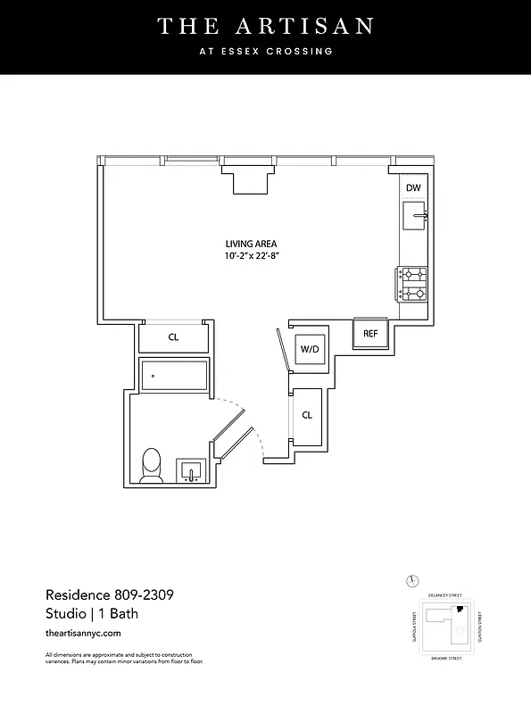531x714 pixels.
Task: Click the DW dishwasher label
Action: click(x=413, y=188)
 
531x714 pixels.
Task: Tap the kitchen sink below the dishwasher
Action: click(x=415, y=215)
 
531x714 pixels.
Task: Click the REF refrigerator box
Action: click(x=369, y=333)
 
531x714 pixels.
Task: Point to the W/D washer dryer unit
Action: click(x=310, y=349)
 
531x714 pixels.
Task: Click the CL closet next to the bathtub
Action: click(x=174, y=337)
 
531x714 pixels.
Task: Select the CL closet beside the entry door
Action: click(x=307, y=415)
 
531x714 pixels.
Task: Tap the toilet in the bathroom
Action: click(x=152, y=465)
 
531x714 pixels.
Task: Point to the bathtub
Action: click(x=174, y=374)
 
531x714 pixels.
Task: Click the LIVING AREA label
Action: click(x=251, y=244)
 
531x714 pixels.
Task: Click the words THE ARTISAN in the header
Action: click(x=265, y=27)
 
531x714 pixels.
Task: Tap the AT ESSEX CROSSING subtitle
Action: click(x=265, y=52)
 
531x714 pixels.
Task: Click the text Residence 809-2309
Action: click(x=104, y=594)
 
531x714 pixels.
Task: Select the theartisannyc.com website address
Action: click(x=82, y=633)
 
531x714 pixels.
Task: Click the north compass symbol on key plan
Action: click(x=411, y=581)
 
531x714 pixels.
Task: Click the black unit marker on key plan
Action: click(x=460, y=610)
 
